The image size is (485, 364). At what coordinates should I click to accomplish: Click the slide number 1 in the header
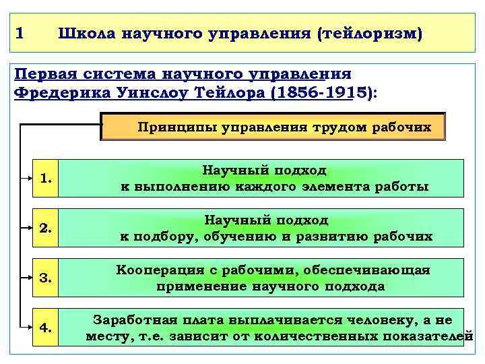[20, 32]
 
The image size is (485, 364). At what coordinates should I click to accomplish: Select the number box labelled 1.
[46, 179]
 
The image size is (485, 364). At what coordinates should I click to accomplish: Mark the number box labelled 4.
[46, 328]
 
